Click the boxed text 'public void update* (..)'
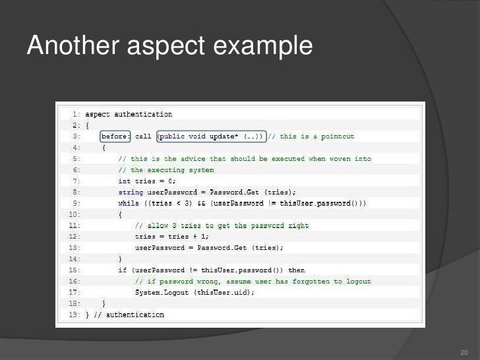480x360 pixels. tap(210, 136)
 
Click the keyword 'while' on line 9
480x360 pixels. tap(129, 203)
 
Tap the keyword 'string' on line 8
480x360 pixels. tap(131, 192)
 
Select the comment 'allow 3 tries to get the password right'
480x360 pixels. tap(222, 225)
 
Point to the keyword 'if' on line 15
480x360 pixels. tap(122, 270)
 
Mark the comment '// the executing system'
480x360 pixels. tap(166, 170)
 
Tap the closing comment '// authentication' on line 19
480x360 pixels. tap(129, 315)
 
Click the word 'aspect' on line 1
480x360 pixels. tap(98, 114)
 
